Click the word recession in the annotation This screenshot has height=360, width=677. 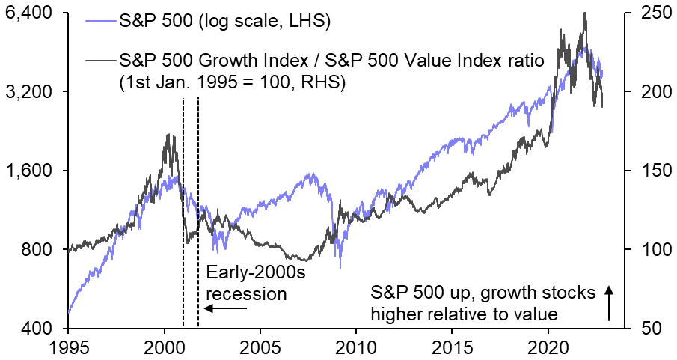247,294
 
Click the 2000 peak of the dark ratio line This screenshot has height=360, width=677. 168,135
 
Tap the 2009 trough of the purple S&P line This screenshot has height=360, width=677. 340,267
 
